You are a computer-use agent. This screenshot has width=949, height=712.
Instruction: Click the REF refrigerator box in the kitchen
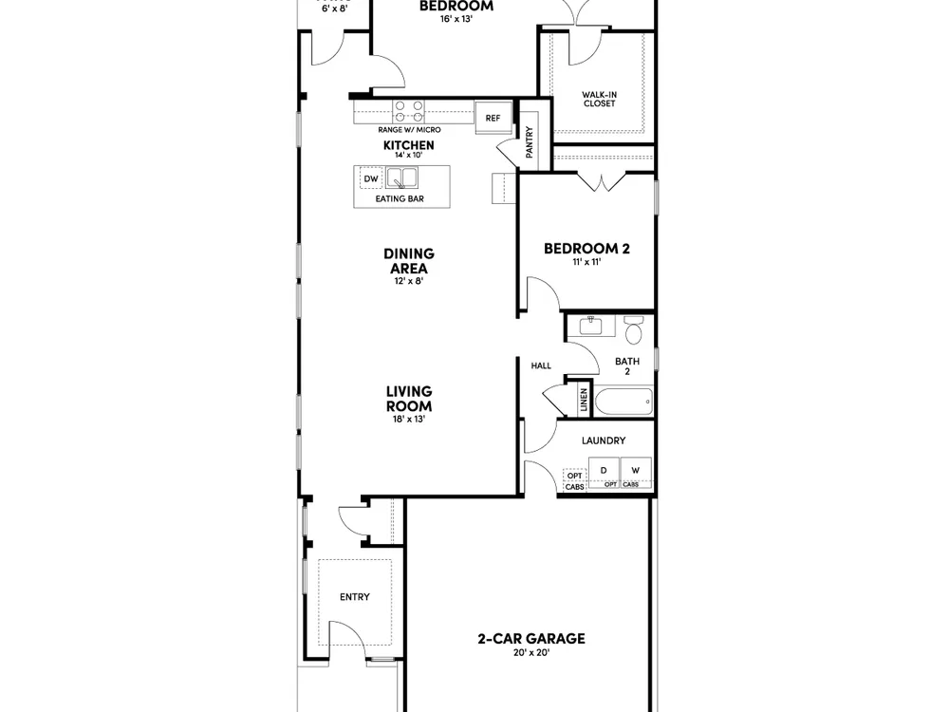pyautogui.click(x=493, y=118)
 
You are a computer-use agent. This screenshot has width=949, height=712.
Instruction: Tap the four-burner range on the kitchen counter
pyautogui.click(x=408, y=111)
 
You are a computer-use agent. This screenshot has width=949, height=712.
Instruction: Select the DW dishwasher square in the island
pyautogui.click(x=371, y=178)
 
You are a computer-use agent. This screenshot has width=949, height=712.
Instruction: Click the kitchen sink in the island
pyautogui.click(x=401, y=178)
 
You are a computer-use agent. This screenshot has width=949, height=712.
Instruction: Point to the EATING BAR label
pyautogui.click(x=400, y=198)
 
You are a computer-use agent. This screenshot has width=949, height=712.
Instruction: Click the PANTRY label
pyautogui.click(x=530, y=141)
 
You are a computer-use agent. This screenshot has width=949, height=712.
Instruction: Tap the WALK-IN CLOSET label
pyautogui.click(x=599, y=99)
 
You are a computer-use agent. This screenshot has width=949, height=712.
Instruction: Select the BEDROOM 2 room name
pyautogui.click(x=586, y=248)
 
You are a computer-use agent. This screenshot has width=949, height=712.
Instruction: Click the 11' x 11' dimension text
pyautogui.click(x=586, y=262)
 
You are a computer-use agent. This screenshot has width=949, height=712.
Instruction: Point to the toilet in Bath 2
pyautogui.click(x=633, y=329)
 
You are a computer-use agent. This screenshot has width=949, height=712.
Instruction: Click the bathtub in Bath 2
pyautogui.click(x=623, y=402)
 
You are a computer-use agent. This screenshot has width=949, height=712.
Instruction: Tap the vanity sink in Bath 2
pyautogui.click(x=590, y=326)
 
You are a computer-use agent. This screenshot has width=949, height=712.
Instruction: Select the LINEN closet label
pyautogui.click(x=584, y=401)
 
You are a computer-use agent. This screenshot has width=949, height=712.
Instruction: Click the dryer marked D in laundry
pyautogui.click(x=604, y=471)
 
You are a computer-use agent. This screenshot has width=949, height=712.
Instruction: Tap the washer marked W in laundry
pyautogui.click(x=636, y=471)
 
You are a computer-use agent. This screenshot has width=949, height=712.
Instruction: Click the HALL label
pyautogui.click(x=541, y=365)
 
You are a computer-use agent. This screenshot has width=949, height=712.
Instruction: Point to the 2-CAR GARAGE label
pyautogui.click(x=531, y=638)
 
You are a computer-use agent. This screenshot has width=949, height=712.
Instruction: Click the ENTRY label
pyautogui.click(x=355, y=597)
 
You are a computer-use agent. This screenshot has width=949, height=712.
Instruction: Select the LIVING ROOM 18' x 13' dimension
pyautogui.click(x=408, y=419)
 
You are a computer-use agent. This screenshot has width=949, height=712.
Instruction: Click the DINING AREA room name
pyautogui.click(x=409, y=261)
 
